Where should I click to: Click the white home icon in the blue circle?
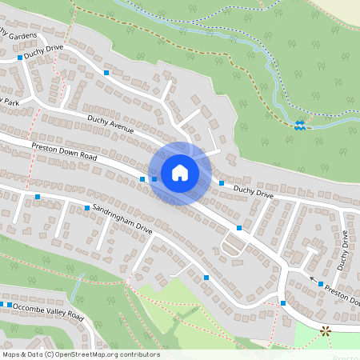(180, 172)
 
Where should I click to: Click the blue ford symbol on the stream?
(299, 124)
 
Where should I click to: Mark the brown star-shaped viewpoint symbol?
(325, 330)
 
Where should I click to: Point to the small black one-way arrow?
(312, 278)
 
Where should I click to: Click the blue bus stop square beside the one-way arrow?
(321, 284)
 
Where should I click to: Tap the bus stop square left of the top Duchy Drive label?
(20, 58)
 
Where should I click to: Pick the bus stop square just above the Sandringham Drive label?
(87, 208)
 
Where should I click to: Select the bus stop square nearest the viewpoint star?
(283, 302)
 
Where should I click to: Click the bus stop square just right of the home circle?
(222, 184)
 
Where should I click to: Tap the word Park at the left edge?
(9, 102)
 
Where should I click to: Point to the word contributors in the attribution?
(135, 354)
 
